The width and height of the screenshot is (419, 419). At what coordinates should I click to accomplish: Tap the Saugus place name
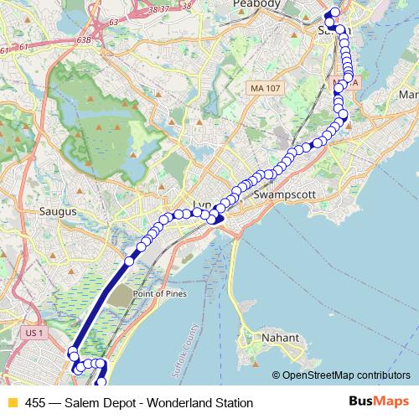(58, 212)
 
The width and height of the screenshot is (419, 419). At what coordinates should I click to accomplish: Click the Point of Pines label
(160, 295)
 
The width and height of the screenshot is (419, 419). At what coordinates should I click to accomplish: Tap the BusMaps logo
(378, 402)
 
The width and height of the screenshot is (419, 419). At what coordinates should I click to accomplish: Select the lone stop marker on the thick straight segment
(129, 262)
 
